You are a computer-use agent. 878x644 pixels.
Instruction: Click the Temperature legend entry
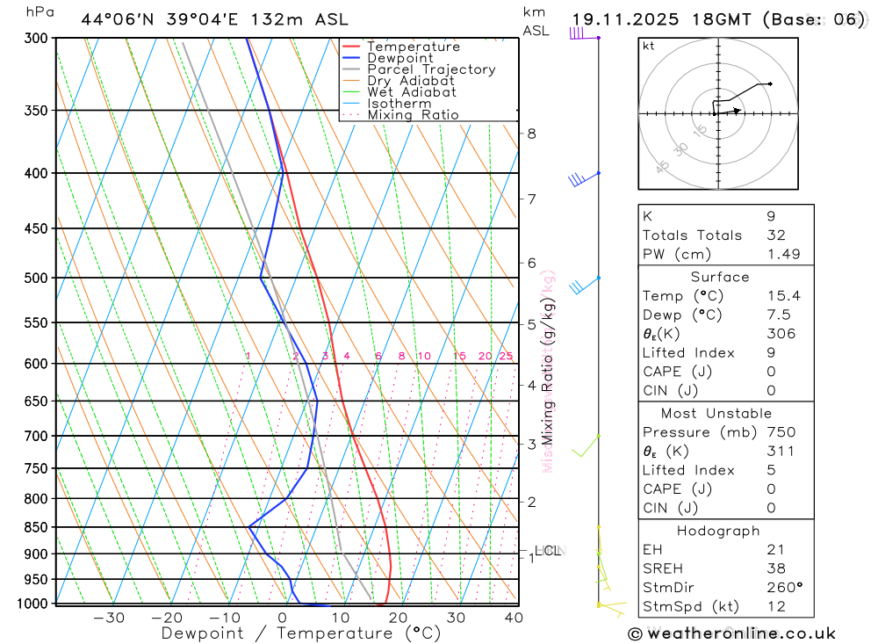413,47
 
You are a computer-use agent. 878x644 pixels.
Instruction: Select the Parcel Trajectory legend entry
431,69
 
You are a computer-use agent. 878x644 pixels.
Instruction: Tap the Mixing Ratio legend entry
413,115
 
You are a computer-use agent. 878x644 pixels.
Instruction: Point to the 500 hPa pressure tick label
36,278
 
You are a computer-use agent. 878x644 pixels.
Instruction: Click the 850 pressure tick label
36,527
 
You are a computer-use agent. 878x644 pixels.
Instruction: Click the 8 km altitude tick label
531,134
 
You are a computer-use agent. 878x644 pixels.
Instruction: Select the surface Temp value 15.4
781,296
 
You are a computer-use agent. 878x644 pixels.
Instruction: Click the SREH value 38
774,568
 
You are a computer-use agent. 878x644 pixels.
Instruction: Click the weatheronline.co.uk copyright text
731,633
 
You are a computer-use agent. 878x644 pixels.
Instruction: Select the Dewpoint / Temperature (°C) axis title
301,633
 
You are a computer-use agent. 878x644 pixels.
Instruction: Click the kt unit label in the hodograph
649,47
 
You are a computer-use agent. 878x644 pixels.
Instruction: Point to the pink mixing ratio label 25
506,356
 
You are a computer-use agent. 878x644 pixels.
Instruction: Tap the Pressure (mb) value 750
781,432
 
